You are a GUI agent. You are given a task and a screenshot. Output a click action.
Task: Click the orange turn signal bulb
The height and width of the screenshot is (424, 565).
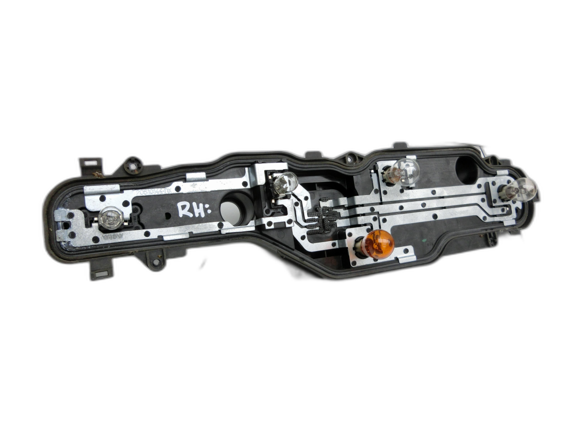(378, 245)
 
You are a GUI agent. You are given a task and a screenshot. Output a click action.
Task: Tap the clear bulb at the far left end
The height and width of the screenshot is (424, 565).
(111, 218)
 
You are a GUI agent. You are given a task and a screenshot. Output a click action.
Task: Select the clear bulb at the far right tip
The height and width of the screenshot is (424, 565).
(523, 189)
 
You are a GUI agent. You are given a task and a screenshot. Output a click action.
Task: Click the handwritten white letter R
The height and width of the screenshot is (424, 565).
(186, 210)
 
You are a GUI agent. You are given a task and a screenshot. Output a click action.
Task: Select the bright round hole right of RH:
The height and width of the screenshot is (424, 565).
(231, 212)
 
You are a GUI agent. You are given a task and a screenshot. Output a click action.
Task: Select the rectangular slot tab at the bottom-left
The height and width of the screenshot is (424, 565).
(100, 274)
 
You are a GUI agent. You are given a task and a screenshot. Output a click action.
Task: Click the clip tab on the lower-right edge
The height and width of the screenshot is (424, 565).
(492, 238)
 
